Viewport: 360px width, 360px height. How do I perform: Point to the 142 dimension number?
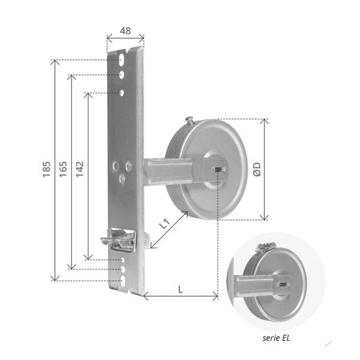click(x=80, y=170)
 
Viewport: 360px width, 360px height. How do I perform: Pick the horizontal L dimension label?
click(x=181, y=289)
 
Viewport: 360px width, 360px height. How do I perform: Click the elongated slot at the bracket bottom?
click(x=122, y=280)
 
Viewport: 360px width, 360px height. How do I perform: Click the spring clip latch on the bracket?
click(x=120, y=239)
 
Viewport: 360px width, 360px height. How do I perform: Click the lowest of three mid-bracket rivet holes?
click(x=122, y=178)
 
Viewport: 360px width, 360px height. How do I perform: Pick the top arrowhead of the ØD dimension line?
click(x=263, y=121)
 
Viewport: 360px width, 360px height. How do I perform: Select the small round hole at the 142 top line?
click(x=122, y=92)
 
